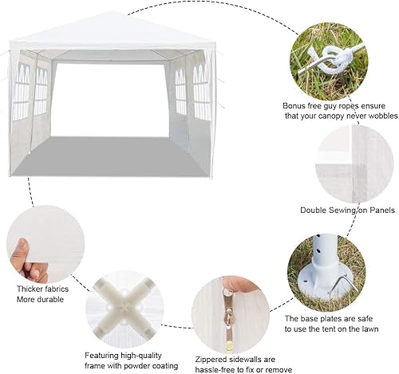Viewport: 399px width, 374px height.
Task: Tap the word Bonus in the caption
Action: point(296,104)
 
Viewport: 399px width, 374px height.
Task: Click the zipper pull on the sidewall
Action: point(227,320)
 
